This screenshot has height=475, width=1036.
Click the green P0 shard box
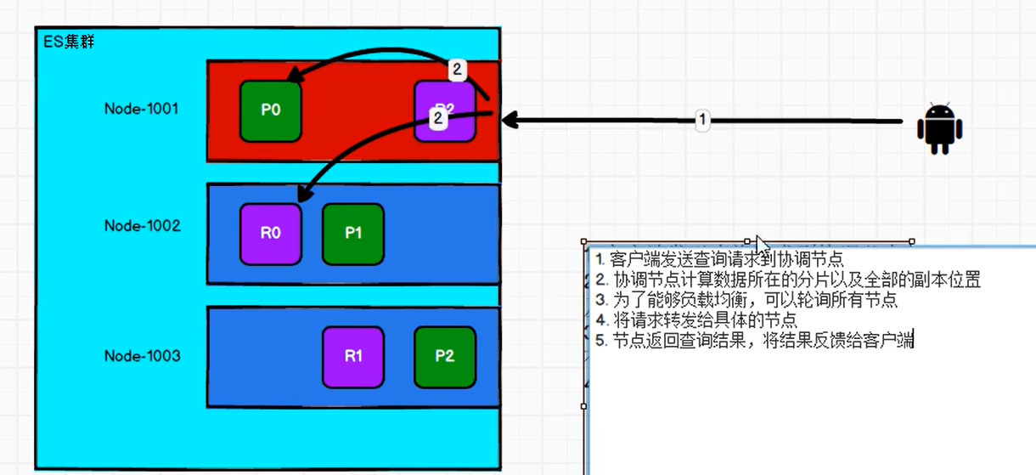271,110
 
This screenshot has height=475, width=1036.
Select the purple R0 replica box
271,233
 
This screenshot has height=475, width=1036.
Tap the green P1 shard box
353,233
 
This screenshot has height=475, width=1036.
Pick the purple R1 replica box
353,357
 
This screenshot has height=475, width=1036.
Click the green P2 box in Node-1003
445,357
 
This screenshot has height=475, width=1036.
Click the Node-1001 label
142,109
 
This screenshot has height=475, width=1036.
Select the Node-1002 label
143,226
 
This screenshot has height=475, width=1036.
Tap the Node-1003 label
143,356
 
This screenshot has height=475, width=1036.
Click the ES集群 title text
69,41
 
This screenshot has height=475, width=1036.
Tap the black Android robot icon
939,128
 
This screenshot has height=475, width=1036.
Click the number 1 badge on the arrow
701,121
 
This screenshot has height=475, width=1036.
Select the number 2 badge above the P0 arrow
457,70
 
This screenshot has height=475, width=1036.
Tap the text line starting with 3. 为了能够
746,300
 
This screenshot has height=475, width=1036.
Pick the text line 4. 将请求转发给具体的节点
696,320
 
